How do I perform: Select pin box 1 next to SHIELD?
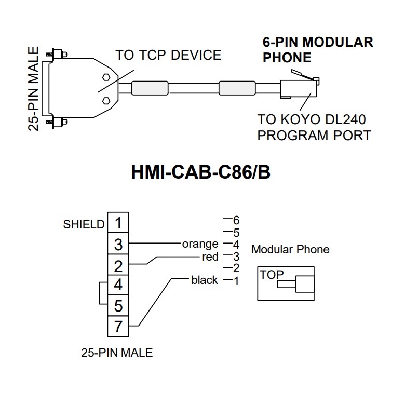[x=118, y=223]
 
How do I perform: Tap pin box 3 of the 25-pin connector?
[x=118, y=244]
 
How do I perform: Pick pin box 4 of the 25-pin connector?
[x=118, y=285]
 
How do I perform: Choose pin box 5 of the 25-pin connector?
[x=118, y=305]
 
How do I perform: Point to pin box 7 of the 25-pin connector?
[x=118, y=326]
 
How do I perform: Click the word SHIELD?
[x=84, y=224]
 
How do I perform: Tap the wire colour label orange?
[x=200, y=244]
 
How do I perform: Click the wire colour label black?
[x=204, y=280]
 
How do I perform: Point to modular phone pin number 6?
[x=236, y=220]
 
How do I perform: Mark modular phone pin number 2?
[x=236, y=268]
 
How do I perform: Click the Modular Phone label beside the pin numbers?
[x=290, y=249]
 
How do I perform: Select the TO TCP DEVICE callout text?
[x=168, y=55]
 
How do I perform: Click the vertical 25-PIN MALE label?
[x=34, y=89]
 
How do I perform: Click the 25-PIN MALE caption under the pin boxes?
[x=117, y=353]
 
